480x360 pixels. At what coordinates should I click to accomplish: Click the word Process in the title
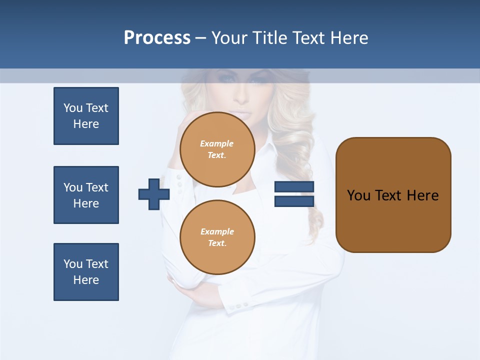pyautogui.click(x=157, y=38)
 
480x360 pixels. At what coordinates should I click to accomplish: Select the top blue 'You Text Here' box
pyautogui.click(x=86, y=116)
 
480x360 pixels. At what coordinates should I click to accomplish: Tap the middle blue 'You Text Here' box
pyautogui.click(x=86, y=195)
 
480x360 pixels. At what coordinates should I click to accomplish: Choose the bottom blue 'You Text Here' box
pyautogui.click(x=86, y=272)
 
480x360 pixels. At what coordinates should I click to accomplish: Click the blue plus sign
pyautogui.click(x=153, y=194)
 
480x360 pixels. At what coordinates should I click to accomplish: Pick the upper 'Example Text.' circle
pyautogui.click(x=217, y=149)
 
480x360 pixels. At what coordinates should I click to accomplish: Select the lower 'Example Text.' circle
pyautogui.click(x=217, y=237)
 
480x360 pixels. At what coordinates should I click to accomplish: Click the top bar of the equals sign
pyautogui.click(x=294, y=187)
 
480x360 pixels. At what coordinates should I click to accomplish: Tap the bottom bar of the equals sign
pyautogui.click(x=294, y=201)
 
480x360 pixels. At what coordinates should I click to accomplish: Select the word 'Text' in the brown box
pyautogui.click(x=388, y=195)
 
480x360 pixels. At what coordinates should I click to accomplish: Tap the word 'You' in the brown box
pyautogui.click(x=359, y=195)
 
